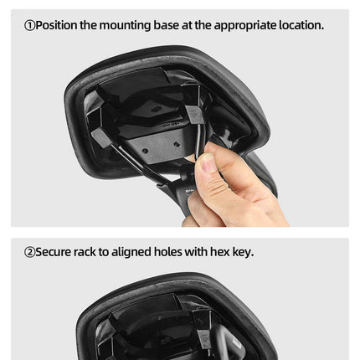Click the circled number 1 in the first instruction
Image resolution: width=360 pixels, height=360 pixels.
[29, 25]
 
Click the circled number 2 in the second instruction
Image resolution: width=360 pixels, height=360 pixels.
[29, 252]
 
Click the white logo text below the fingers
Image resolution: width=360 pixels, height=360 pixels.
[188, 191]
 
